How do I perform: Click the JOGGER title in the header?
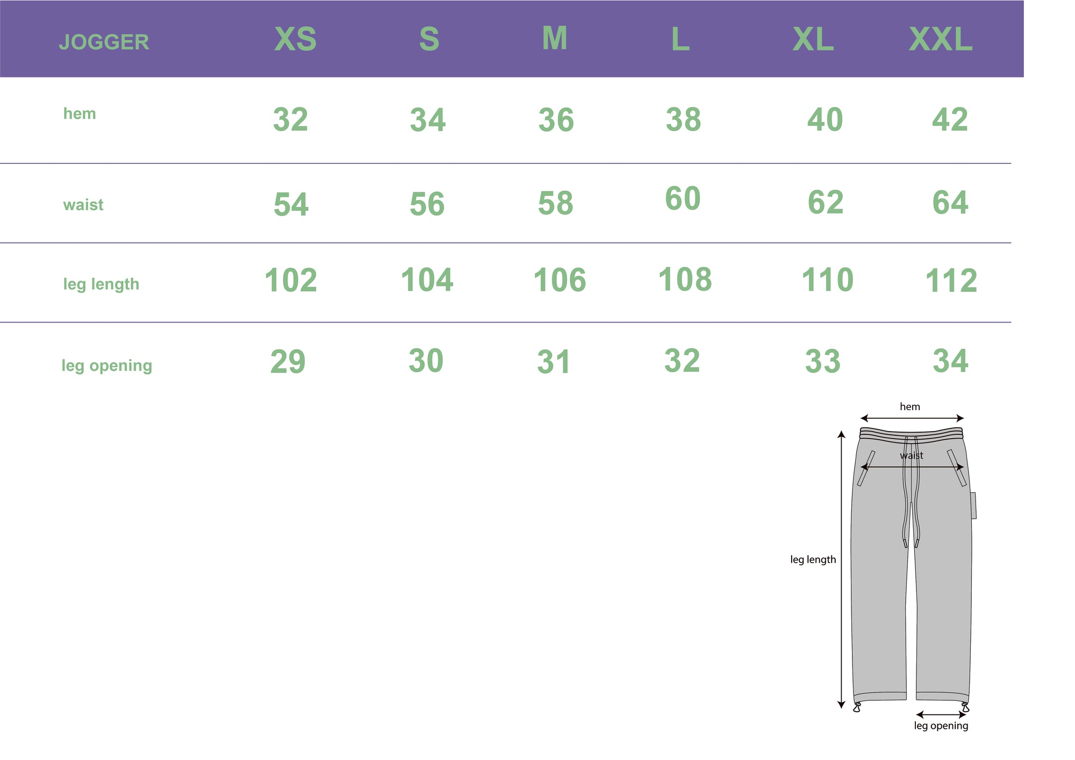click(104, 42)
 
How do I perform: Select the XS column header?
click(296, 39)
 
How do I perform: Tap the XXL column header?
click(941, 39)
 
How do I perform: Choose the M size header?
click(555, 38)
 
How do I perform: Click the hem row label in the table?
click(80, 113)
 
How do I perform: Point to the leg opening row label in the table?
click(107, 365)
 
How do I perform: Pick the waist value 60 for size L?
click(683, 198)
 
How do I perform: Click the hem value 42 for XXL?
click(950, 119)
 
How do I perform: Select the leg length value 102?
click(291, 280)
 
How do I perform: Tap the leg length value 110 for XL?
click(827, 279)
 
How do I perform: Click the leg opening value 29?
click(288, 361)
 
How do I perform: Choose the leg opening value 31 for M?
click(554, 362)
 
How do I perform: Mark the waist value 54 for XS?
click(291, 204)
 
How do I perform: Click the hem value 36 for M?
click(556, 120)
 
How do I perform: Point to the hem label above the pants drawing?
click(910, 407)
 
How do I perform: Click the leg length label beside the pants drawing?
click(813, 560)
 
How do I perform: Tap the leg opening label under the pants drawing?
click(941, 726)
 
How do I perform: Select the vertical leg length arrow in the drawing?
click(842, 569)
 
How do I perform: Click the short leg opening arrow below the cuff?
click(941, 715)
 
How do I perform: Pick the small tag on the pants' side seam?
click(973, 505)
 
